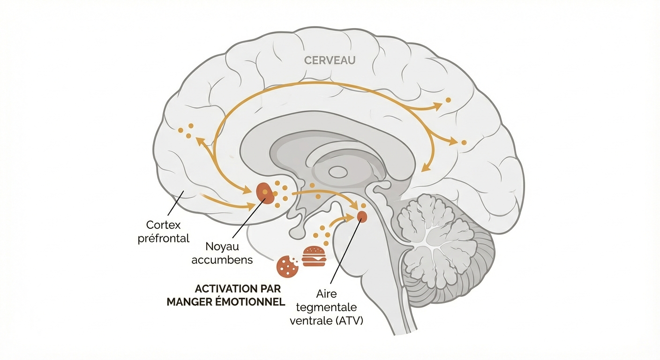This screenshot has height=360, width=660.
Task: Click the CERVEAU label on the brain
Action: (x=330, y=60)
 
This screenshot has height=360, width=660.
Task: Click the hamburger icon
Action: (x=314, y=256)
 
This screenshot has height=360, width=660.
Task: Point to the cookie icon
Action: (x=288, y=266)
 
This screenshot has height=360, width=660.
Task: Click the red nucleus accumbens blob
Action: (x=265, y=193)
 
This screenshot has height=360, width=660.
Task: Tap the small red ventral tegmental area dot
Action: (x=362, y=216)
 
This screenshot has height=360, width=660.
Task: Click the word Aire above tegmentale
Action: (x=327, y=294)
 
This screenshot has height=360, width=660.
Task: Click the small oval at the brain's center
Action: (x=338, y=172)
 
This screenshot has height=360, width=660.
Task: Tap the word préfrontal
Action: (x=163, y=238)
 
